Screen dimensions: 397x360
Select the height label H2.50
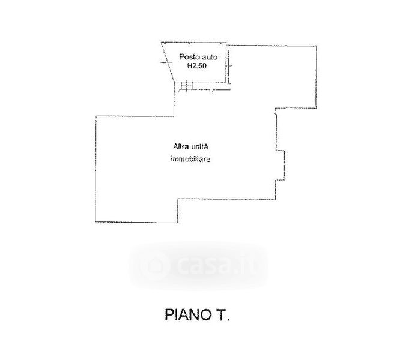click(197, 66)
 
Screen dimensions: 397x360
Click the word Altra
click(181, 146)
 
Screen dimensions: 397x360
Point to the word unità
click(199, 146)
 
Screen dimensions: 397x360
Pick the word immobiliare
click(190, 160)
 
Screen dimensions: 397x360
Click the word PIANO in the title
click(187, 315)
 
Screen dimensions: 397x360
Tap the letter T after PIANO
click(222, 315)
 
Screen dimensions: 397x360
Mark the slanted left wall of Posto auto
click(168, 62)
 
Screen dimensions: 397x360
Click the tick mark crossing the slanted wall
click(166, 62)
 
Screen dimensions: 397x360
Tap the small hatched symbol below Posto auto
click(186, 86)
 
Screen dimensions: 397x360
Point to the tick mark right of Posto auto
click(229, 66)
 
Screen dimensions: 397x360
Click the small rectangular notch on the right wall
click(280, 166)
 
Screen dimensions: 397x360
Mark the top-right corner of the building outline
click(317, 46)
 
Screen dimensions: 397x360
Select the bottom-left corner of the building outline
click(95, 222)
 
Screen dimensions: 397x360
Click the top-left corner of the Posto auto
click(162, 42)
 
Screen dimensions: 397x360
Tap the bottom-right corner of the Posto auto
click(226, 82)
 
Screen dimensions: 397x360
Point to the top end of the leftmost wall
click(96, 116)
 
